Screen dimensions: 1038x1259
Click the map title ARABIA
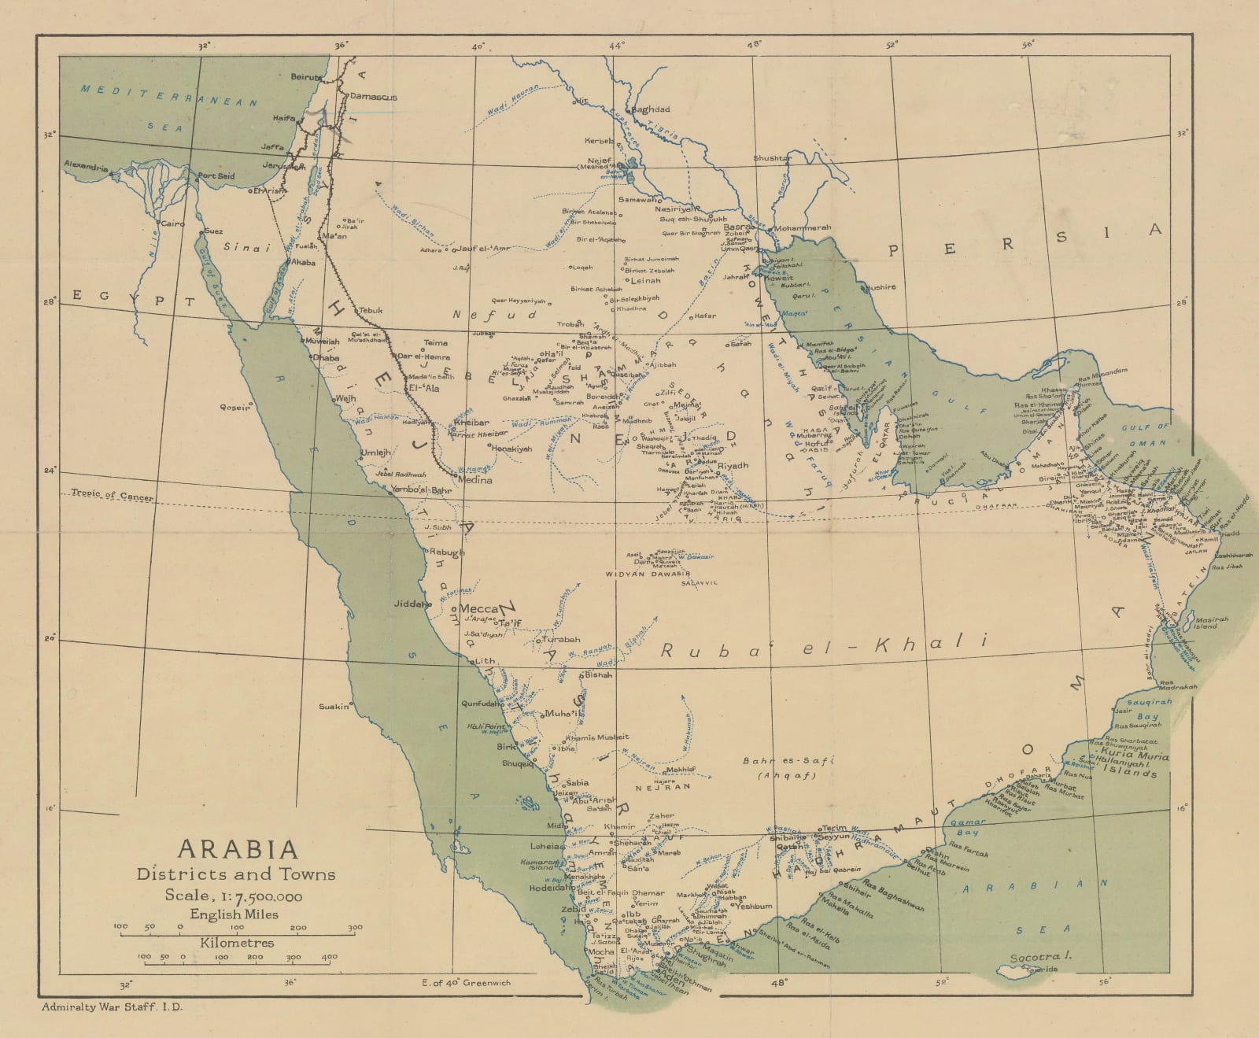click(238, 849)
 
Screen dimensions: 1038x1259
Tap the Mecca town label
click(479, 609)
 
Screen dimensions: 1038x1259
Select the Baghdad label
click(651, 109)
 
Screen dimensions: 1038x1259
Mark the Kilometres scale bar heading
click(237, 943)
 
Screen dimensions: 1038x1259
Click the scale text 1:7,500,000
click(233, 896)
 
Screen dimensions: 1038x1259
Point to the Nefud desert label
click(494, 315)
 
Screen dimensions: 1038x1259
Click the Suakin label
click(334, 707)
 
